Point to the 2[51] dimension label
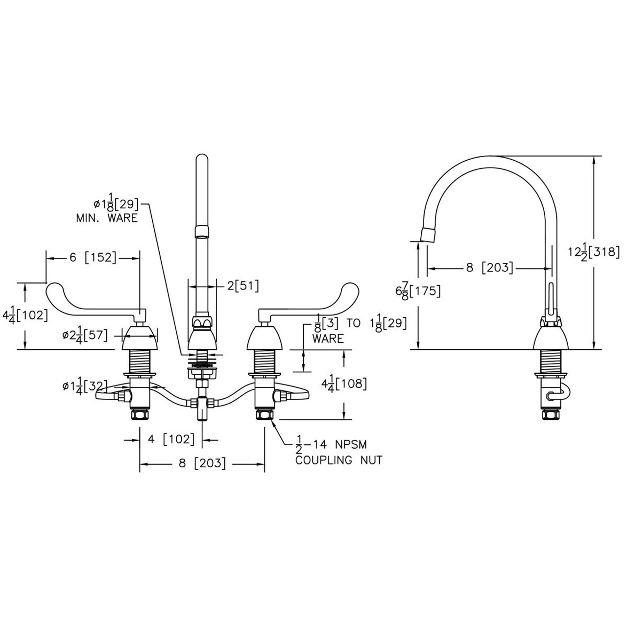pyautogui.click(x=242, y=285)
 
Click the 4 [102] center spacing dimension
pyautogui.click(x=171, y=439)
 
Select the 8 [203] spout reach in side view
pyautogui.click(x=488, y=268)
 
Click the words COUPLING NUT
pyautogui.click(x=338, y=460)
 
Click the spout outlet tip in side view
pyautogui.click(x=429, y=235)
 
